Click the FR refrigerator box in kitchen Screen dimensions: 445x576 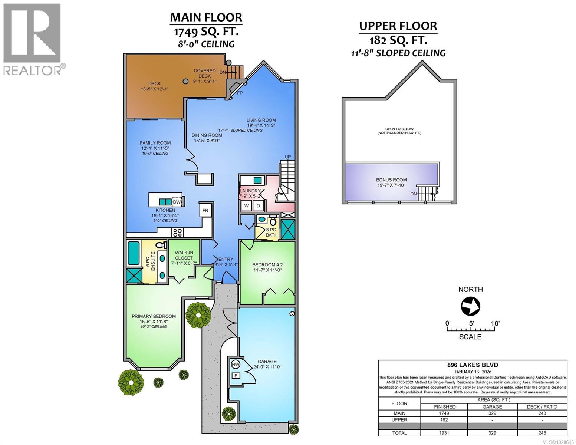(205, 210)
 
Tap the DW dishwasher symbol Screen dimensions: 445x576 (177, 202)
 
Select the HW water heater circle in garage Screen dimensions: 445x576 (235, 365)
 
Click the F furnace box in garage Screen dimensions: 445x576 (235, 376)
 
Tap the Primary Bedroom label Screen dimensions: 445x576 (154, 316)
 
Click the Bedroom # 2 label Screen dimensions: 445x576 (267, 264)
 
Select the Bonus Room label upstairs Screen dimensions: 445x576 (391, 180)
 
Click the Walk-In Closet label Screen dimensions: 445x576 (184, 255)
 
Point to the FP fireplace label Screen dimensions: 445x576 (240, 93)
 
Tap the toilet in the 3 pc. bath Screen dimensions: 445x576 (274, 221)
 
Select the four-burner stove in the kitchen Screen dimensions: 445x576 (178, 233)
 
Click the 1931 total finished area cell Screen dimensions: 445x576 (444, 433)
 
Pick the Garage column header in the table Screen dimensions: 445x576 (492, 406)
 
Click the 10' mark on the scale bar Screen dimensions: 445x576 (495, 323)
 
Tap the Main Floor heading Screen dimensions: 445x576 (206, 17)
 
